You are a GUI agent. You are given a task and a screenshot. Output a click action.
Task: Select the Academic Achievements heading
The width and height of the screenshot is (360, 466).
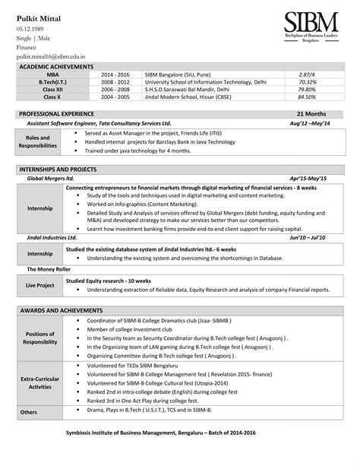tap(55, 68)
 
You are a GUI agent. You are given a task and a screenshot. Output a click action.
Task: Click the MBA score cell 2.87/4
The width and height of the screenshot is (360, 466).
tap(308, 75)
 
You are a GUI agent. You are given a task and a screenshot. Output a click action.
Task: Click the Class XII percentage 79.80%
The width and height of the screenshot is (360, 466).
tap(308, 90)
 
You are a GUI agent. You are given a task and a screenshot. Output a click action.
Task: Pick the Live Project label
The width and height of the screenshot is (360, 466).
tap(40, 285)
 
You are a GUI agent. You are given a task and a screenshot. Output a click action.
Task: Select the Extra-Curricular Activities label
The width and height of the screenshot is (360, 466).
tap(40, 382)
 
